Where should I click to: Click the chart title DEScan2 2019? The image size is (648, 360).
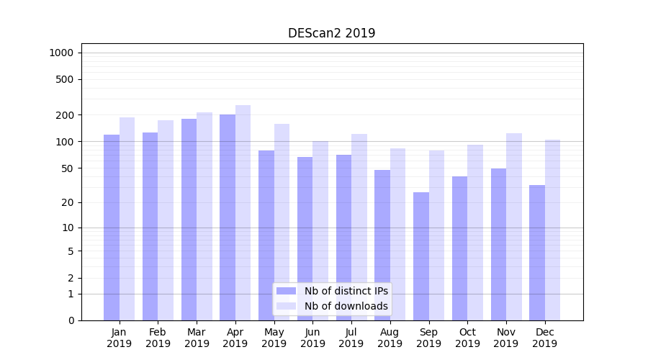tap(331, 33)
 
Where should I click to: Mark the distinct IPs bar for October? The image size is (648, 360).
tap(459, 248)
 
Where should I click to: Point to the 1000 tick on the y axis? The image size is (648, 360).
tap(61, 53)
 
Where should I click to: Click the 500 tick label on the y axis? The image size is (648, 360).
tap(66, 79)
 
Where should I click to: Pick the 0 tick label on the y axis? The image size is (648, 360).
tap(71, 320)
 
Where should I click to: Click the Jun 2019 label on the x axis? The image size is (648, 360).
tap(312, 338)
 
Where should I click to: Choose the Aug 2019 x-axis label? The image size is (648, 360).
tap(390, 338)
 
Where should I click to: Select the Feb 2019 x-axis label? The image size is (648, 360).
tap(158, 338)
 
